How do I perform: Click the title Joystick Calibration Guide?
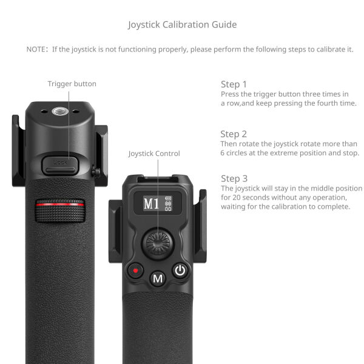182,25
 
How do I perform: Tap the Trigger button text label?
72,84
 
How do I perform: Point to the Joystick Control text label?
154,153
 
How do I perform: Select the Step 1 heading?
234,84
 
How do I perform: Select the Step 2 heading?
234,134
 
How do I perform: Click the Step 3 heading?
234,178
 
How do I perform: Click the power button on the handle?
180,271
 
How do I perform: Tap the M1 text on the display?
151,203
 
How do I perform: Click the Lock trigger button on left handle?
60,163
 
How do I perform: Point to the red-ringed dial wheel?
59,206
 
